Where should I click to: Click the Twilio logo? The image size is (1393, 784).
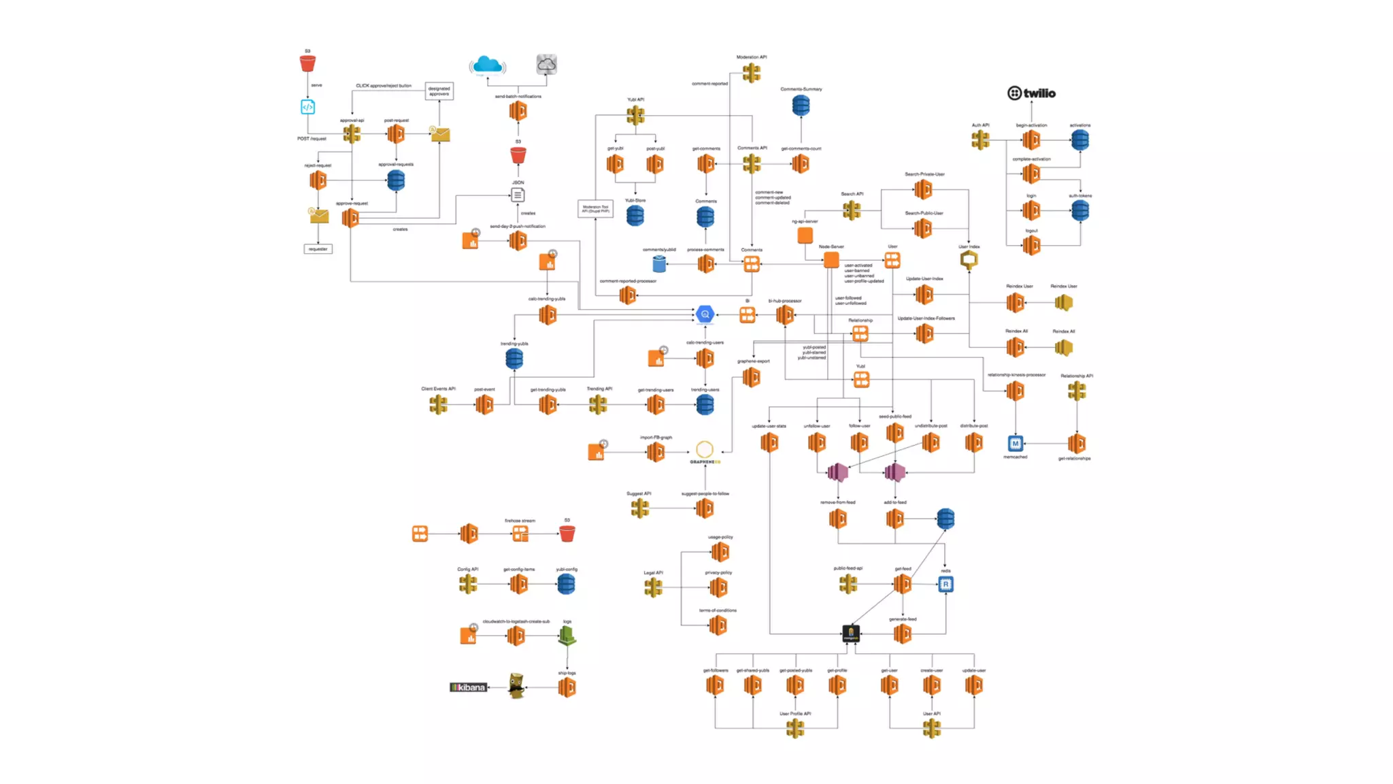[x=1031, y=93]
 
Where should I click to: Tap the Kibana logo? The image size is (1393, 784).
[x=468, y=687]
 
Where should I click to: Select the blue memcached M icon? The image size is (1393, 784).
[x=1016, y=444]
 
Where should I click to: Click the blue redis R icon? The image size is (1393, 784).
[x=945, y=584]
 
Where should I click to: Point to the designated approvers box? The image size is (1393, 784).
[x=439, y=91]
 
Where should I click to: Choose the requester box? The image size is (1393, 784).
[x=318, y=249]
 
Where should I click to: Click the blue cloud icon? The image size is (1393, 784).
[x=487, y=65]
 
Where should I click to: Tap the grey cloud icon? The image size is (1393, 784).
[x=546, y=65]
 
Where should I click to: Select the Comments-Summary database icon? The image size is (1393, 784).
[x=801, y=105]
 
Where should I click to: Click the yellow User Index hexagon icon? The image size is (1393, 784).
[x=969, y=259]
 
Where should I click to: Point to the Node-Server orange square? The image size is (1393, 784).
[x=831, y=259]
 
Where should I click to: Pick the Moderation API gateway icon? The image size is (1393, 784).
[x=752, y=72]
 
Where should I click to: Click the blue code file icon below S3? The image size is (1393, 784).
[x=307, y=107]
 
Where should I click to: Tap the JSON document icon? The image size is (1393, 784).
[x=518, y=195]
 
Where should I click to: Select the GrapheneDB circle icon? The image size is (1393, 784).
[x=705, y=449]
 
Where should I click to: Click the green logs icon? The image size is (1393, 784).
[x=567, y=636]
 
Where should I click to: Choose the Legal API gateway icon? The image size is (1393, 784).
[x=653, y=587]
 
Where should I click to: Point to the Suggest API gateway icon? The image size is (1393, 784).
[x=639, y=508]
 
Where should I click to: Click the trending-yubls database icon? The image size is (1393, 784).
[x=514, y=359]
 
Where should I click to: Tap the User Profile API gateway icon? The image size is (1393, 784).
[x=794, y=728]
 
